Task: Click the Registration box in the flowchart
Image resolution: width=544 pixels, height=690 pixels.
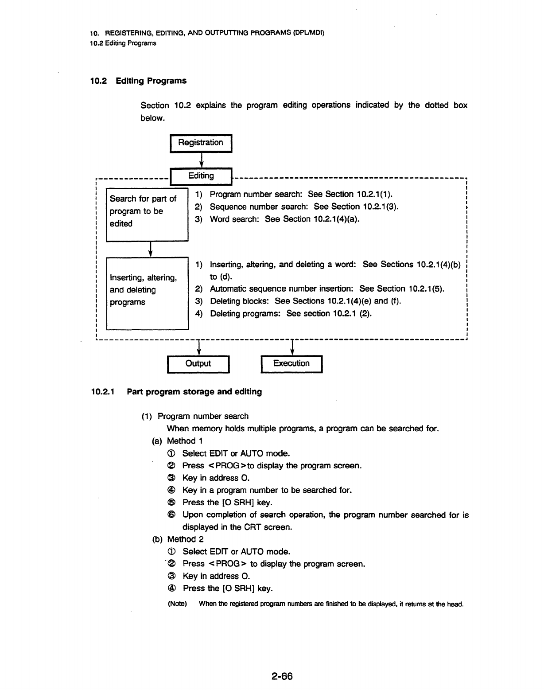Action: tap(201, 143)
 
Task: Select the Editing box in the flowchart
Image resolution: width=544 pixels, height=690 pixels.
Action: tap(201, 177)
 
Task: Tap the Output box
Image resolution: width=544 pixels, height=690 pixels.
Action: tap(198, 364)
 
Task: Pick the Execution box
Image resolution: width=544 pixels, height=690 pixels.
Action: tap(292, 364)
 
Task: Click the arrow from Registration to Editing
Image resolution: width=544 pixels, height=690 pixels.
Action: tap(201, 160)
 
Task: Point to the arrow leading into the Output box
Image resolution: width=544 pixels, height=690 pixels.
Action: tap(199, 347)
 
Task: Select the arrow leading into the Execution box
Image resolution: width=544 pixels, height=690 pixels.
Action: tap(292, 347)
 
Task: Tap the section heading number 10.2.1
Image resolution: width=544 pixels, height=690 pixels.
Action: tap(103, 392)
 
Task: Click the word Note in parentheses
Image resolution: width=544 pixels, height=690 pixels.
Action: tap(177, 604)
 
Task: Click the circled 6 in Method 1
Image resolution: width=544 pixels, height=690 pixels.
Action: tap(171, 515)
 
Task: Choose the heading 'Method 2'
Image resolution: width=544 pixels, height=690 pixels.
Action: tap(185, 539)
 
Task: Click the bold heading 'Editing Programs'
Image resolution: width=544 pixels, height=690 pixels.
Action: tap(151, 81)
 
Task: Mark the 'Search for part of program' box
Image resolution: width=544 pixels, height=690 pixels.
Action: tap(147, 215)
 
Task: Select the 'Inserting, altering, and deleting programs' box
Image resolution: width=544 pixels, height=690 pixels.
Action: tap(148, 293)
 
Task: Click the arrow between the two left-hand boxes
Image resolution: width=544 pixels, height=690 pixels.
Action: tap(150, 249)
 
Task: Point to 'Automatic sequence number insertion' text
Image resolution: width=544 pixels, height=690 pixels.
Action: tap(281, 289)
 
